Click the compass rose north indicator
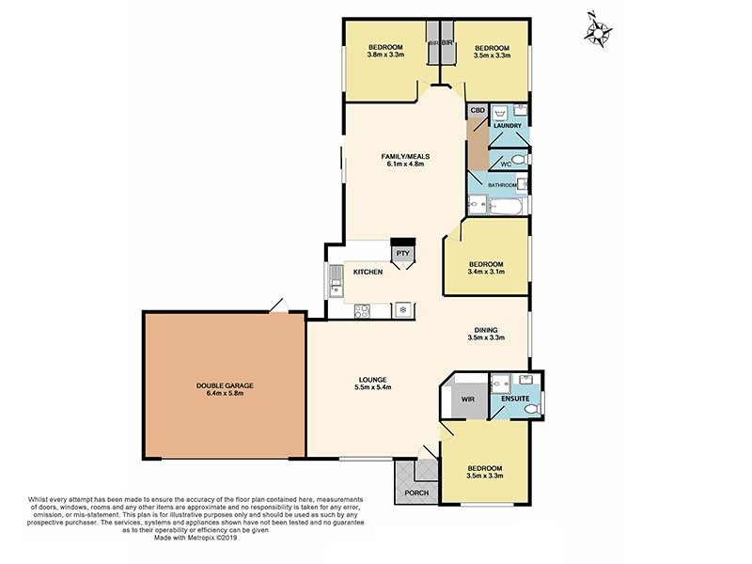coord(596,29)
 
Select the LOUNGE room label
coord(372,379)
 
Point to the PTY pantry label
coord(402,254)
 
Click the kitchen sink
coord(337,280)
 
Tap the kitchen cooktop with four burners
coord(361,309)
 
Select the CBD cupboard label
coord(478,111)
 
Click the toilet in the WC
coord(520,161)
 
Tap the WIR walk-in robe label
coord(467,399)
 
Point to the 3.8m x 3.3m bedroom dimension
coord(385,55)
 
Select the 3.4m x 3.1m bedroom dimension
coord(487,273)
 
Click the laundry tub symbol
coord(499,111)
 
